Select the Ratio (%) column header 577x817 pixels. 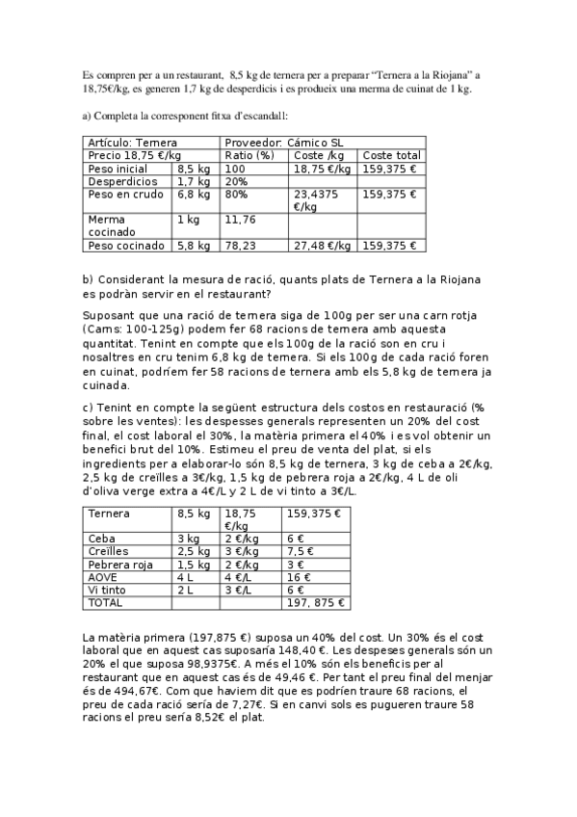(249, 155)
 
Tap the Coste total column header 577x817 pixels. (392, 155)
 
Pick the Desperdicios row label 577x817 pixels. (122, 180)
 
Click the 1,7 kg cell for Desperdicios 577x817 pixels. (193, 180)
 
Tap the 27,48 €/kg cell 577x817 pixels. (322, 246)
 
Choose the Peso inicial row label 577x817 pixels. (118, 168)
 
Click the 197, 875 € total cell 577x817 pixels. (315, 602)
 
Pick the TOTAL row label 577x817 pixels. (105, 602)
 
